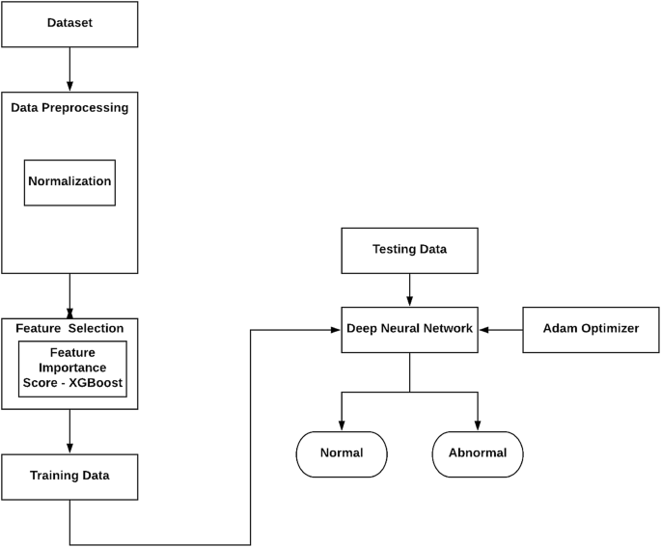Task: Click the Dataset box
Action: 69,23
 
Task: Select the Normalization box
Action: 69,182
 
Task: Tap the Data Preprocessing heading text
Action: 69,108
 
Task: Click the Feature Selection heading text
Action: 69,329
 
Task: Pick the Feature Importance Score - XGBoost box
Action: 73,368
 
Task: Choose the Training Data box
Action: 69,476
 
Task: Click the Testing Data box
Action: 409,250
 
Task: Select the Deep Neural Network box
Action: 409,329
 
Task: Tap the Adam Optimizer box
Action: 591,329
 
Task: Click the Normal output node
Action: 341,453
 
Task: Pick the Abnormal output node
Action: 478,453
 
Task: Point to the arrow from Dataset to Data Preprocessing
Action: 69,69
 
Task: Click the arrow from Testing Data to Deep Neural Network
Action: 409,289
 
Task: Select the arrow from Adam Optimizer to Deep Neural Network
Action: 501,329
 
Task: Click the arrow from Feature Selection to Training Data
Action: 69,431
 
